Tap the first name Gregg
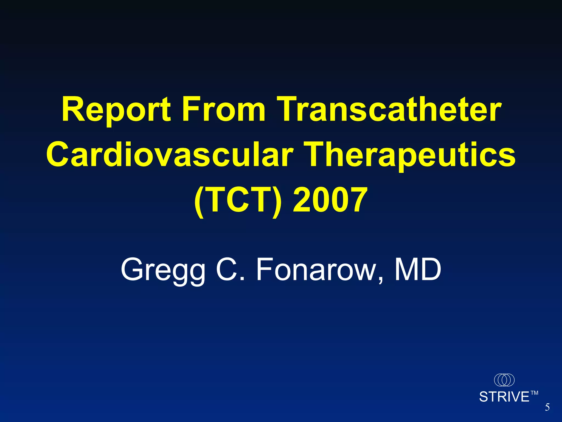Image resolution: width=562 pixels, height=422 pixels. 163,271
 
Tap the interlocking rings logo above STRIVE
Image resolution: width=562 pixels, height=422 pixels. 504,380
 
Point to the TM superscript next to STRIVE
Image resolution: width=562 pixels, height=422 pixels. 534,393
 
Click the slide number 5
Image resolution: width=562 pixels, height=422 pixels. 547,407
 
